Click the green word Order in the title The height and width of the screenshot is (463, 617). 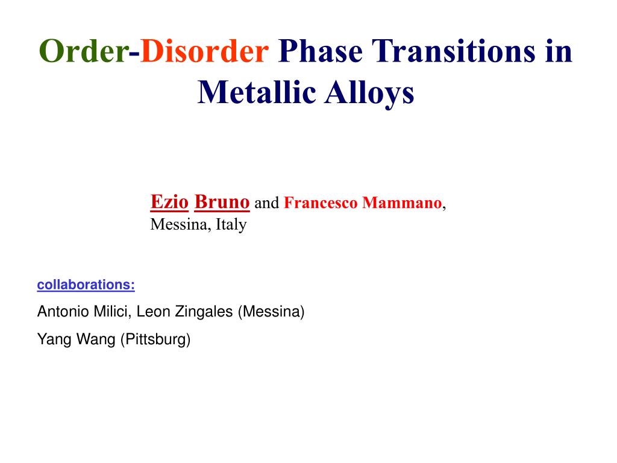84,52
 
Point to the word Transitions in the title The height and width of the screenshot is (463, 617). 452,52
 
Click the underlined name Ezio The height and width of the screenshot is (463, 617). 169,202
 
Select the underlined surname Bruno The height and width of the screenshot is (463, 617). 222,202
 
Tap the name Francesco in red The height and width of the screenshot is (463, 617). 320,203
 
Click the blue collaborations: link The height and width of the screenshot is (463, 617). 86,285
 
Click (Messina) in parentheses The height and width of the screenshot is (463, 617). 271,312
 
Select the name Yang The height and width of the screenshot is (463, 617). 51,339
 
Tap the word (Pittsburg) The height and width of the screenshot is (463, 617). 155,339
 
